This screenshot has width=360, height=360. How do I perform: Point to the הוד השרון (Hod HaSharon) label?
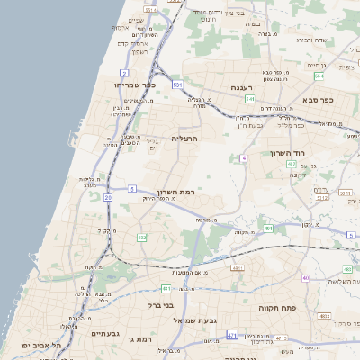tap(290, 153)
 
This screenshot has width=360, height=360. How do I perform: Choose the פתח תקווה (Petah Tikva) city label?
tap(278, 307)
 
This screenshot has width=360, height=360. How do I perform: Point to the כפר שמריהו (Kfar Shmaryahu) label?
tap(137, 84)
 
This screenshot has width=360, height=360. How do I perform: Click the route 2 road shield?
tap(123, 71)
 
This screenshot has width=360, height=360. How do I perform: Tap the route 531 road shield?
tap(178, 85)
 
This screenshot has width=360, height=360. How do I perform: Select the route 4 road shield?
tap(243, 158)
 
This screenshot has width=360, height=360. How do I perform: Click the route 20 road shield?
tap(108, 196)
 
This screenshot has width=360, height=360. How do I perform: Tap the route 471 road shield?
tap(232, 335)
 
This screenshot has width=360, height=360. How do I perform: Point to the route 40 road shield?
tap(306, 277)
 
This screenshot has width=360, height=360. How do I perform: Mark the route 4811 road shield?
tap(237, 268)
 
